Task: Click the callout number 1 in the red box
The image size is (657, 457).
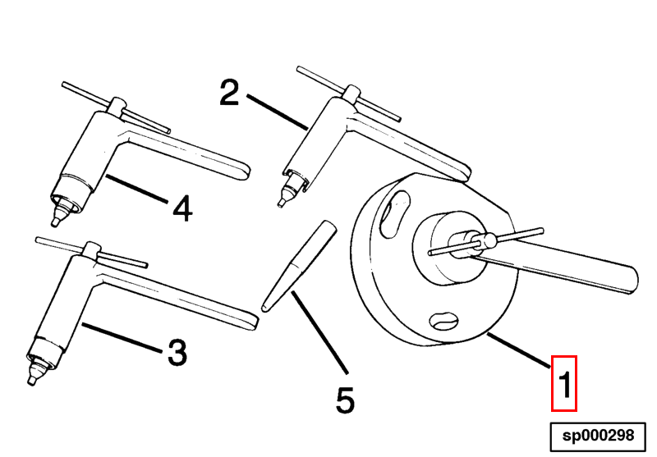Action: pyautogui.click(x=565, y=383)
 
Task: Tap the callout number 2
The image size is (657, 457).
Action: pyautogui.click(x=229, y=93)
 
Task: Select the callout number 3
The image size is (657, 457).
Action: pyautogui.click(x=177, y=352)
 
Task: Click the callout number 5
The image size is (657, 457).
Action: pyautogui.click(x=345, y=400)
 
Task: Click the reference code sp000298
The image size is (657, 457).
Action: pyautogui.click(x=598, y=436)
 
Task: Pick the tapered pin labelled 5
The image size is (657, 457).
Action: pyautogui.click(x=299, y=266)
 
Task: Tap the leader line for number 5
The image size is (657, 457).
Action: pyautogui.click(x=319, y=332)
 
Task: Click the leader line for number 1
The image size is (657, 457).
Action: pyautogui.click(x=519, y=350)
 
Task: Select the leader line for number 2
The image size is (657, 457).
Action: pyautogui.click(x=277, y=112)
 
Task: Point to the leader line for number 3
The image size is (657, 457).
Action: pyautogui.click(x=122, y=337)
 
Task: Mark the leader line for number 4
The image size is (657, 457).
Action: pyautogui.click(x=136, y=190)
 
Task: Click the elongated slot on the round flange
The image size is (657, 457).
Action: pyautogui.click(x=394, y=215)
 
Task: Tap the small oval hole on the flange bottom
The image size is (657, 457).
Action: pyautogui.click(x=444, y=321)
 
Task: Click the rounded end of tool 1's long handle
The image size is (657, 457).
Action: pyautogui.click(x=632, y=280)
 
